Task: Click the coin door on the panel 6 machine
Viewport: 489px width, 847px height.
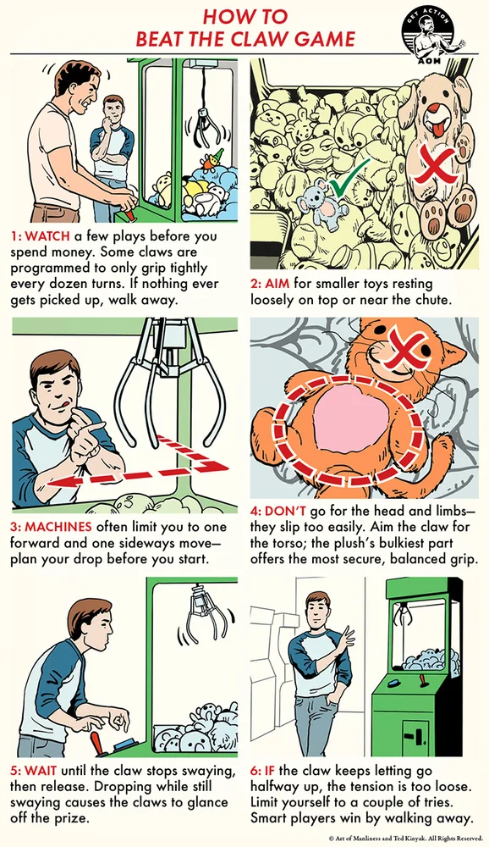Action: pos(417,733)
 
